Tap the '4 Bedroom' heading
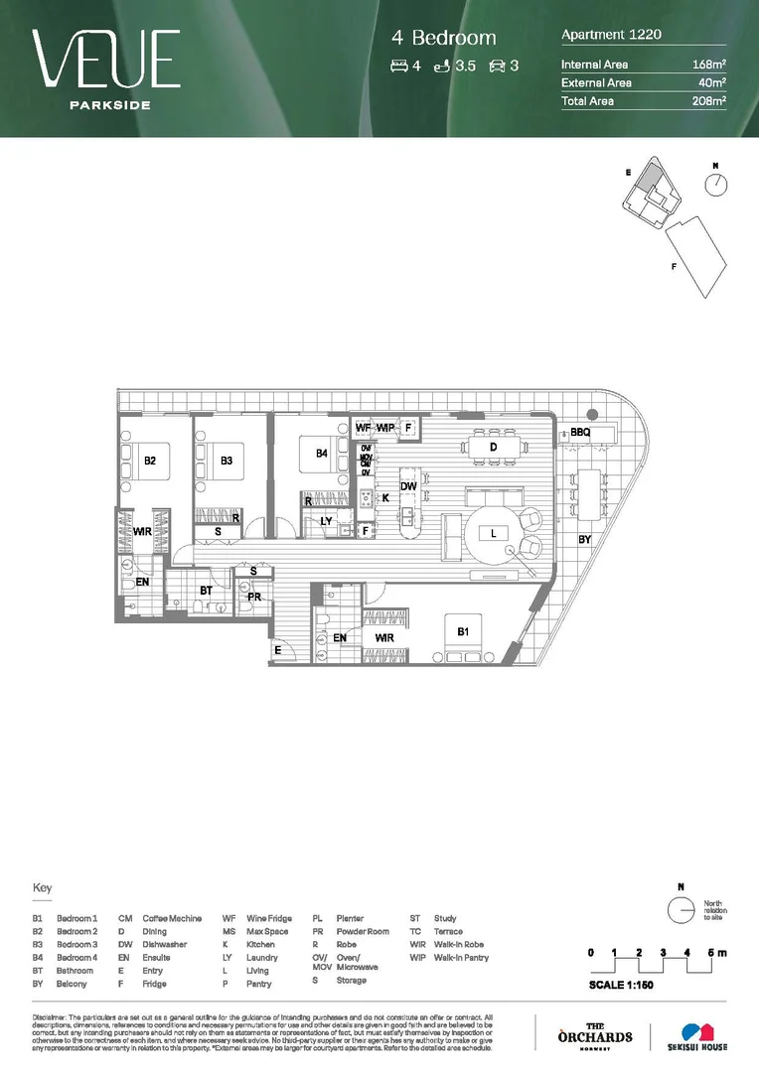(x=443, y=39)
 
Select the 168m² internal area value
(x=709, y=65)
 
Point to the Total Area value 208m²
(x=709, y=101)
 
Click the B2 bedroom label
(x=150, y=461)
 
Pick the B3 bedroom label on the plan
(x=227, y=461)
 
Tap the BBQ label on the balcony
(x=580, y=433)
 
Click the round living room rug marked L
(x=493, y=534)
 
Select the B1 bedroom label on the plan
(x=463, y=631)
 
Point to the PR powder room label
(x=254, y=598)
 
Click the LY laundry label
(x=326, y=520)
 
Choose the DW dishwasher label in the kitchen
(x=407, y=485)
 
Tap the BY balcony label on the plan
(x=585, y=539)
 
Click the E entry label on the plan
(x=278, y=650)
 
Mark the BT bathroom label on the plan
(x=207, y=591)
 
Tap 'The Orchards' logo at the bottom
(x=595, y=1033)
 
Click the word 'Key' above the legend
(x=42, y=888)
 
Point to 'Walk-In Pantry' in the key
(x=461, y=958)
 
